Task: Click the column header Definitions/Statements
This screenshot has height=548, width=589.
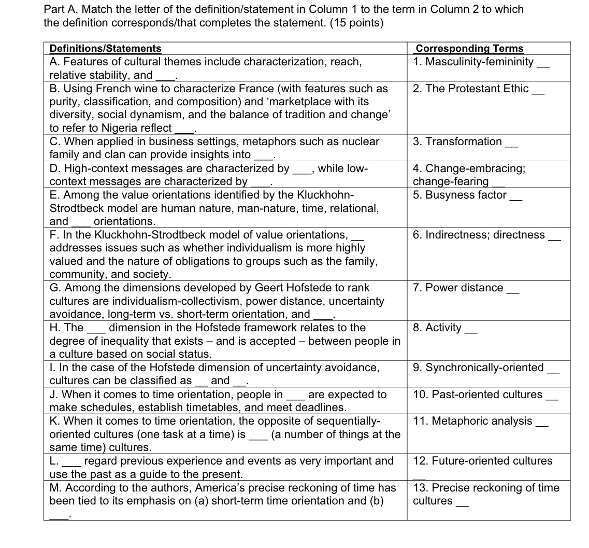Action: [x=105, y=49]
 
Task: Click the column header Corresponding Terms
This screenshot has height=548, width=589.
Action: [x=469, y=49]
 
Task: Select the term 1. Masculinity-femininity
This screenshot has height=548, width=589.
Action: [x=473, y=62]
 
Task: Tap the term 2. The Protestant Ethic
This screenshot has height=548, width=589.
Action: [x=471, y=89]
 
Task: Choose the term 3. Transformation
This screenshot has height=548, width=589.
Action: [x=457, y=142]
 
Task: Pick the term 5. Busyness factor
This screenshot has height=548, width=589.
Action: [x=459, y=195]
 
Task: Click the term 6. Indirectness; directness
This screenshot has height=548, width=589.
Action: [x=479, y=235]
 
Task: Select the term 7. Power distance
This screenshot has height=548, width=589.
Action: [x=458, y=288]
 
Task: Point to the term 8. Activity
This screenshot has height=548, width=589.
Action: [x=437, y=328]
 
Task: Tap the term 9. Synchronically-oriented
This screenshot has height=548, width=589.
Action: [x=478, y=368]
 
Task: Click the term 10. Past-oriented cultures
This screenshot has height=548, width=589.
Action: [x=478, y=395]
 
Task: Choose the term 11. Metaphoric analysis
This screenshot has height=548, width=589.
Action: [x=472, y=421]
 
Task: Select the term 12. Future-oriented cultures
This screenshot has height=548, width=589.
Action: [x=482, y=461]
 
